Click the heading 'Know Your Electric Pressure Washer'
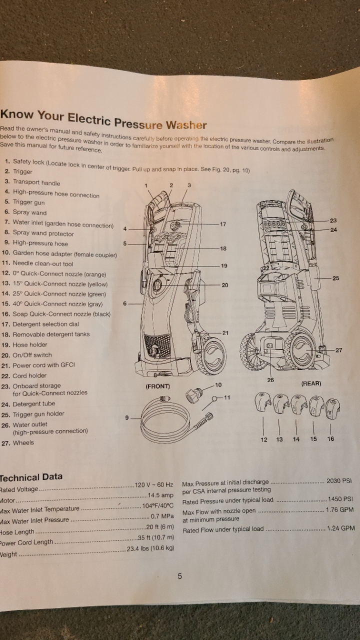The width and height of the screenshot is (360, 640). point(103,119)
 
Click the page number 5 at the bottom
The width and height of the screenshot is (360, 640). point(180,576)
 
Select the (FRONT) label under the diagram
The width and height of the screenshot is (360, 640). point(157,386)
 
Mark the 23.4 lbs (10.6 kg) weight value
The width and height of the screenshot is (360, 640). point(150,548)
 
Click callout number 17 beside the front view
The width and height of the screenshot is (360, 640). point(223,224)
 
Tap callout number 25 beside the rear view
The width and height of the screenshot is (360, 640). point(335,278)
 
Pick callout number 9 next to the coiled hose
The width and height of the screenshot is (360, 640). point(127,418)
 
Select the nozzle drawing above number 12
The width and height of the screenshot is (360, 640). point(263,403)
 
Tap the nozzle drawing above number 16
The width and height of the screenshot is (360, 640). point(330,406)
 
